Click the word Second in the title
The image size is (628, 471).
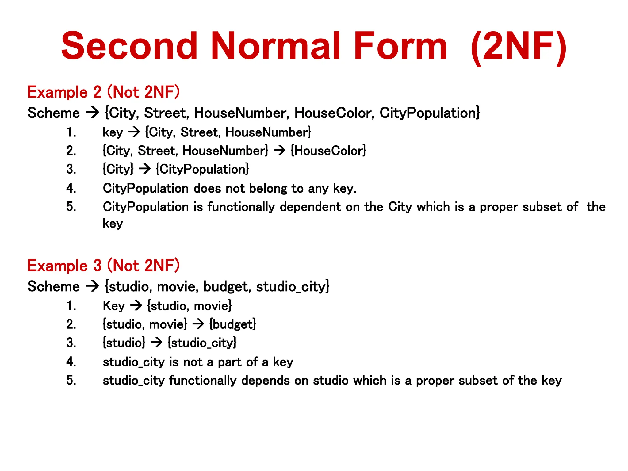(x=129, y=46)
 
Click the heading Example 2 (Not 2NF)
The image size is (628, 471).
(x=103, y=92)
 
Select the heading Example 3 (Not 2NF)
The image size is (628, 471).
(x=103, y=266)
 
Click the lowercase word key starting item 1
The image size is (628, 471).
(x=113, y=133)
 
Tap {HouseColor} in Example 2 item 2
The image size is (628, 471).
(x=328, y=151)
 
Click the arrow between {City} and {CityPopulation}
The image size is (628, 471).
(x=145, y=169)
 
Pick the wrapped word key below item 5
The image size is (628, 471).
(x=113, y=224)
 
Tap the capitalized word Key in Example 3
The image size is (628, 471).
(x=114, y=306)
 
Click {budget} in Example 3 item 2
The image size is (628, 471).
(x=233, y=324)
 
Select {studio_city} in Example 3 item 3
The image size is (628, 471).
(x=202, y=343)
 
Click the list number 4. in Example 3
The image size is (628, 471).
(x=71, y=362)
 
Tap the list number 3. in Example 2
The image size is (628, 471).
(x=71, y=169)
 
